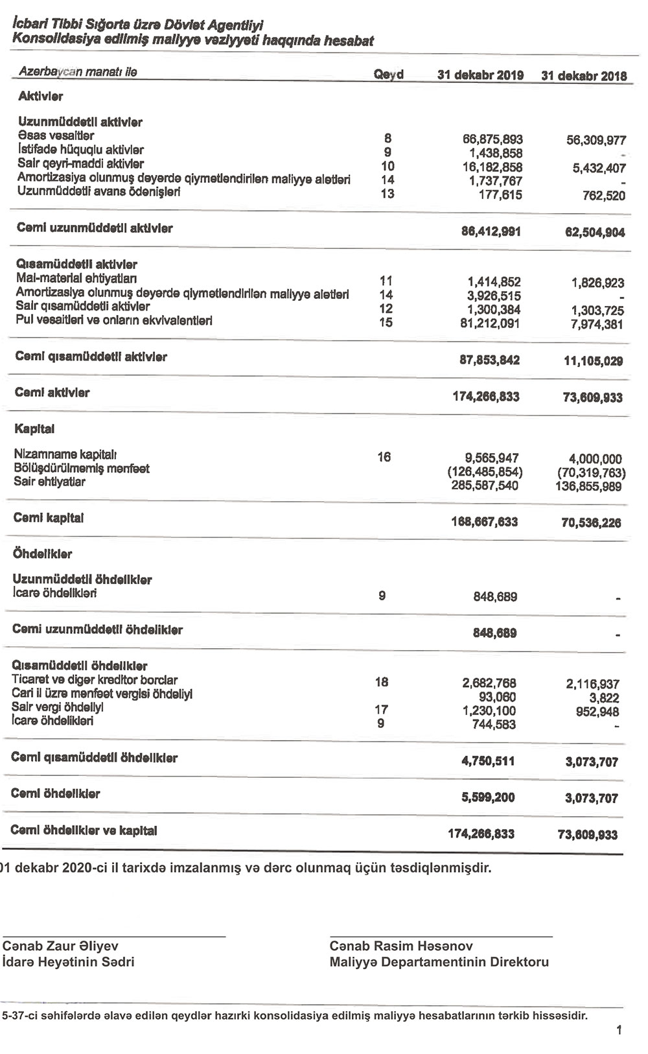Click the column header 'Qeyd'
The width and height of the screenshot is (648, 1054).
(388, 75)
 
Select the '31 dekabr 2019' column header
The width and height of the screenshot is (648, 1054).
(480, 75)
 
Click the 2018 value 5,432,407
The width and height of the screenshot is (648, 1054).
(595, 169)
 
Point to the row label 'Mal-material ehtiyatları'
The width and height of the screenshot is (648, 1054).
(76, 279)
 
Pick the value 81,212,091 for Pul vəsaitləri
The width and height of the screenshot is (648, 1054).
(490, 323)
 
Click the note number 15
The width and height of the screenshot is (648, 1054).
(386, 322)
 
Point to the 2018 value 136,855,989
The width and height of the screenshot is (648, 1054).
(590, 486)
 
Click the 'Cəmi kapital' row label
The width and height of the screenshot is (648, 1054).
(49, 518)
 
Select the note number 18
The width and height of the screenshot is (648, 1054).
(382, 681)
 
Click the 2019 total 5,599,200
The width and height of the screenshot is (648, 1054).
(488, 797)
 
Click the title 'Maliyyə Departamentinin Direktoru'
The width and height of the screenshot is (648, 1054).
(439, 962)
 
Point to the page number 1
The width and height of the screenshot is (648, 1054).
(619, 1029)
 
